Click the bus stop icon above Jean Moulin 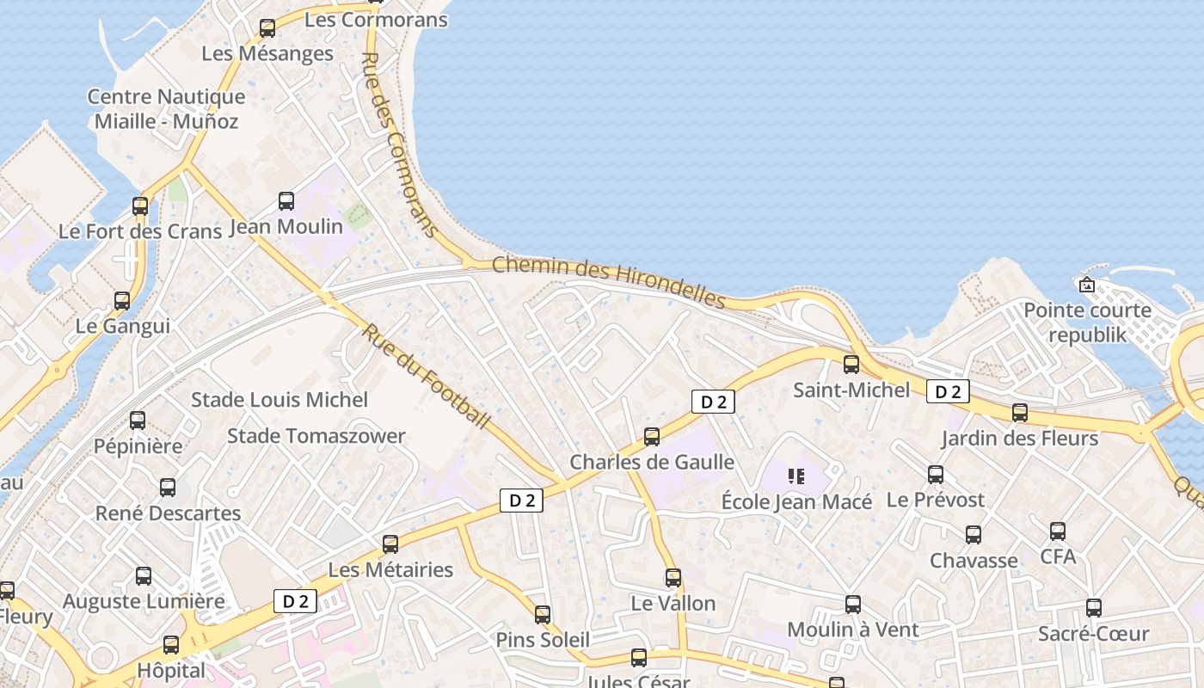286,201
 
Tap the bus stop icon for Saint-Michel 851,365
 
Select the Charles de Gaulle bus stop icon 652,437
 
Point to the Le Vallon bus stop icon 673,578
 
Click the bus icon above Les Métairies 390,544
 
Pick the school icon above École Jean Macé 795,476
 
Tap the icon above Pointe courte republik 1087,285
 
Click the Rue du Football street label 426,376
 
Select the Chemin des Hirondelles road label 609,280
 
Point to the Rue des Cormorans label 397,144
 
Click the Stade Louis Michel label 279,400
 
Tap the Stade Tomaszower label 316,436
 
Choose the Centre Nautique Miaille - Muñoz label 166,109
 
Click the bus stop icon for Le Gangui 122,301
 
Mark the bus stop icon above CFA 1058,531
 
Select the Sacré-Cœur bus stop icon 1094,608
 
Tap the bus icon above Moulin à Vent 853,605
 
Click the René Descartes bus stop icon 168,488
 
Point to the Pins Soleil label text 543,640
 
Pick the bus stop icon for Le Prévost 936,474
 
